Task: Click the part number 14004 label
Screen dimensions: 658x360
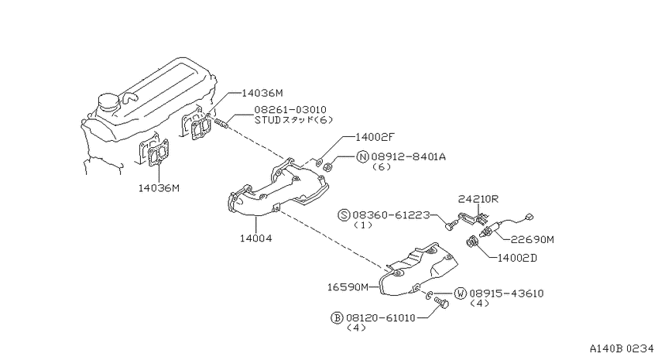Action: click(x=256, y=238)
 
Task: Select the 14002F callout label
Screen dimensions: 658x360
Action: click(x=375, y=137)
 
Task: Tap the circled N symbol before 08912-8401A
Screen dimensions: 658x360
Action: click(x=362, y=157)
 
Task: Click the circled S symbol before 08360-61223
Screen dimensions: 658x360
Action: click(x=344, y=215)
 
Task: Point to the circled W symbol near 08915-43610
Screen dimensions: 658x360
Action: click(x=461, y=293)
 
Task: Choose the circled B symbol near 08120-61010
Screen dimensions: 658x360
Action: click(x=337, y=317)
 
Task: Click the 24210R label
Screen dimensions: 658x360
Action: click(x=478, y=199)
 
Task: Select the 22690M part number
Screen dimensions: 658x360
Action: click(x=532, y=239)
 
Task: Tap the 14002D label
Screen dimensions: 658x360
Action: click(x=517, y=258)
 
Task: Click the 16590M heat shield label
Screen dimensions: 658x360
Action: click(x=348, y=287)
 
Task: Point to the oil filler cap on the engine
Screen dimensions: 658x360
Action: click(x=107, y=103)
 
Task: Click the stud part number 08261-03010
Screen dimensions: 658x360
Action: click(x=290, y=110)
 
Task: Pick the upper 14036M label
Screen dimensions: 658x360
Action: click(x=262, y=93)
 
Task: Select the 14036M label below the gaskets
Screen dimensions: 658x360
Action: click(x=159, y=188)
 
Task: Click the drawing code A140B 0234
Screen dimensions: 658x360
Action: click(x=622, y=348)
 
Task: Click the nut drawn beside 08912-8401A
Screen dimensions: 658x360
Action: click(x=328, y=167)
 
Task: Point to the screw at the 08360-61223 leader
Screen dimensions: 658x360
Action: click(x=451, y=225)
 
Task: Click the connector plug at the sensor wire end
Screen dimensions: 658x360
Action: click(x=529, y=217)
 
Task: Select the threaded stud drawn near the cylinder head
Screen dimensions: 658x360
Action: click(x=222, y=123)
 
